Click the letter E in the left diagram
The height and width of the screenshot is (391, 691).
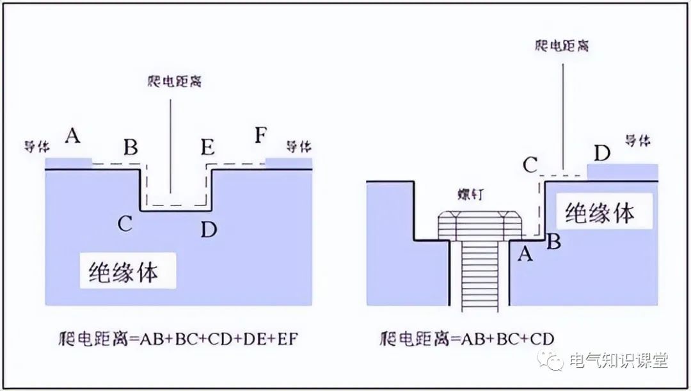[207, 147]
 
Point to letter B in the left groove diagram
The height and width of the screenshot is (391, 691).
[131, 148]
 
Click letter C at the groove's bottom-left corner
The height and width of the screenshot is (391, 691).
[125, 223]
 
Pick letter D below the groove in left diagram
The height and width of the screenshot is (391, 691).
[209, 228]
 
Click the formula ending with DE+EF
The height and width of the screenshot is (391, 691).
[177, 338]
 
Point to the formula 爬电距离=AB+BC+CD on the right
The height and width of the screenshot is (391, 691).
[466, 338]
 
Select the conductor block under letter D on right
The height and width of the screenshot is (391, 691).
[622, 172]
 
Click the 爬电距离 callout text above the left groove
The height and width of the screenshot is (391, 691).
[170, 83]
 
